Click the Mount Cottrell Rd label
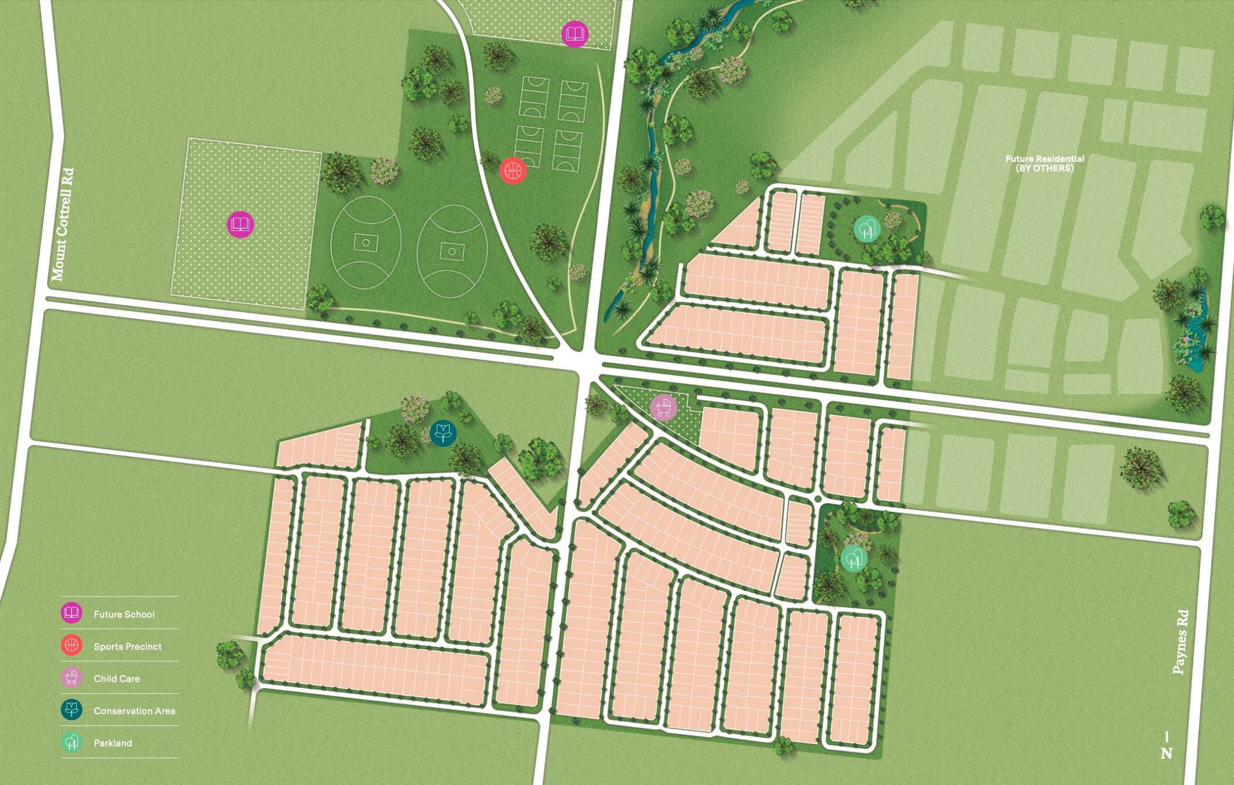pos(63,224)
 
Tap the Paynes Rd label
pos(1181,642)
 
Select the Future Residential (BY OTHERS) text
pos(1044,163)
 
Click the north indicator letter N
pos(1166,753)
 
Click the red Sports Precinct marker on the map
pos(513,171)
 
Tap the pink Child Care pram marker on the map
pos(663,407)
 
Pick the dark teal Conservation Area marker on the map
pos(443,433)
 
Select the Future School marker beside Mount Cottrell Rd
pos(240,224)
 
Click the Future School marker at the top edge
pos(574,34)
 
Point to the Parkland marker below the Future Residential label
pos(866,229)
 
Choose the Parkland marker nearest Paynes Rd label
pos(853,559)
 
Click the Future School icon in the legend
pos(71,613)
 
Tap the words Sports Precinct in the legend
pos(128,646)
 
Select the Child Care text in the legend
pos(116,679)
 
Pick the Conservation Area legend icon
pos(71,710)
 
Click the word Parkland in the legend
pos(113,743)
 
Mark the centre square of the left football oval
pos(366,242)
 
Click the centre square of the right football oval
pos(452,252)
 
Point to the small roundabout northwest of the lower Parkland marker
pos(818,499)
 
